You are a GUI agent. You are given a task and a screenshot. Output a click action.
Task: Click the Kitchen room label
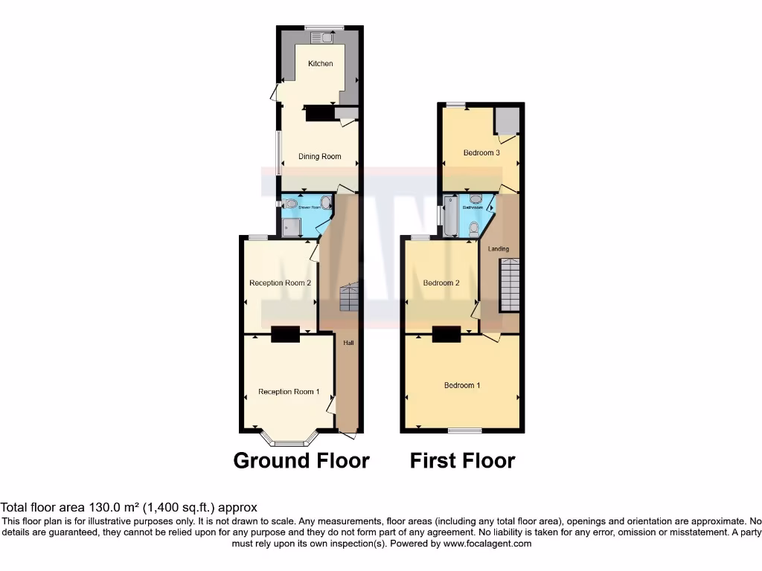[321, 64]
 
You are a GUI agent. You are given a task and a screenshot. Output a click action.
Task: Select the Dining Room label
[320, 156]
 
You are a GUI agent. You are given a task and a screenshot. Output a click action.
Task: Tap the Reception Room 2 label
[280, 283]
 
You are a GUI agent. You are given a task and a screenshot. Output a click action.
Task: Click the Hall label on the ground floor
[348, 343]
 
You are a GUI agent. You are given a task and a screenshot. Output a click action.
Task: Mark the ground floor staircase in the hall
[349, 297]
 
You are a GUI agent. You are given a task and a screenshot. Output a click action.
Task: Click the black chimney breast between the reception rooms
[285, 335]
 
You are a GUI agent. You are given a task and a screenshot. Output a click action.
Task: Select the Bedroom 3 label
[481, 153]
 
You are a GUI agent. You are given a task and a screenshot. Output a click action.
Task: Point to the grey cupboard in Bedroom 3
[508, 121]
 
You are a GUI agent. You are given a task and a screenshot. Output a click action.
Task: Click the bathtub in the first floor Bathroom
[451, 216]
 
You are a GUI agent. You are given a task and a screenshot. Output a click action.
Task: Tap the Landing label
[499, 249]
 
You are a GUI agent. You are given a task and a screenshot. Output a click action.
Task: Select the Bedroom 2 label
[441, 283]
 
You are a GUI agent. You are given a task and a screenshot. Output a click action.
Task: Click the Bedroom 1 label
[462, 386]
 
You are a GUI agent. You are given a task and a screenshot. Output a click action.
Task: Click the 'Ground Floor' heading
[301, 461]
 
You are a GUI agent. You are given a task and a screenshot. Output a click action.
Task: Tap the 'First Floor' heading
[462, 461]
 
